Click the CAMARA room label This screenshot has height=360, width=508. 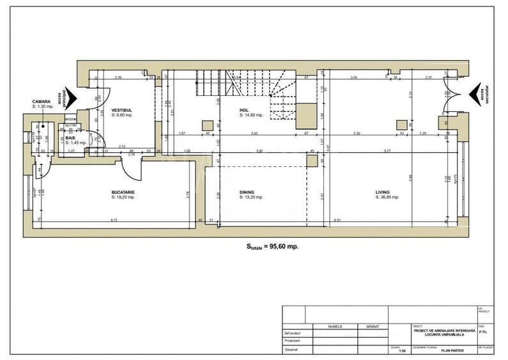(x=42, y=101)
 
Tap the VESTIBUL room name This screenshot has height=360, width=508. (x=122, y=110)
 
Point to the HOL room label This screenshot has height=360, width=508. (x=243, y=110)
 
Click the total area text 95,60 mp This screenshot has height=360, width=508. (x=273, y=246)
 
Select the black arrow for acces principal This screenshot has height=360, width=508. (x=72, y=98)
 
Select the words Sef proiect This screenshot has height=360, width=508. (x=293, y=333)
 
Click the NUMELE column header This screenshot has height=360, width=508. (x=335, y=326)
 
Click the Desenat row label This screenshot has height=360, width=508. (x=292, y=349)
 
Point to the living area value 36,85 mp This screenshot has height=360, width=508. (x=387, y=197)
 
